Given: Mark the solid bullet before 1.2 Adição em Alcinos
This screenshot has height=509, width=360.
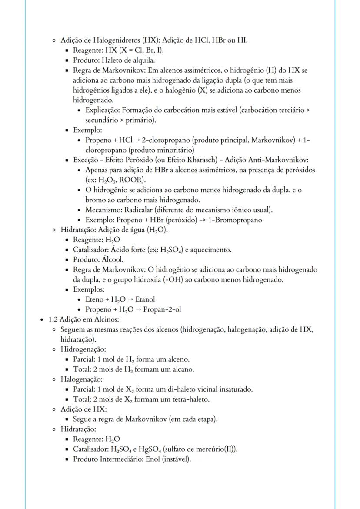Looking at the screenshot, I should tap(41, 320).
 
